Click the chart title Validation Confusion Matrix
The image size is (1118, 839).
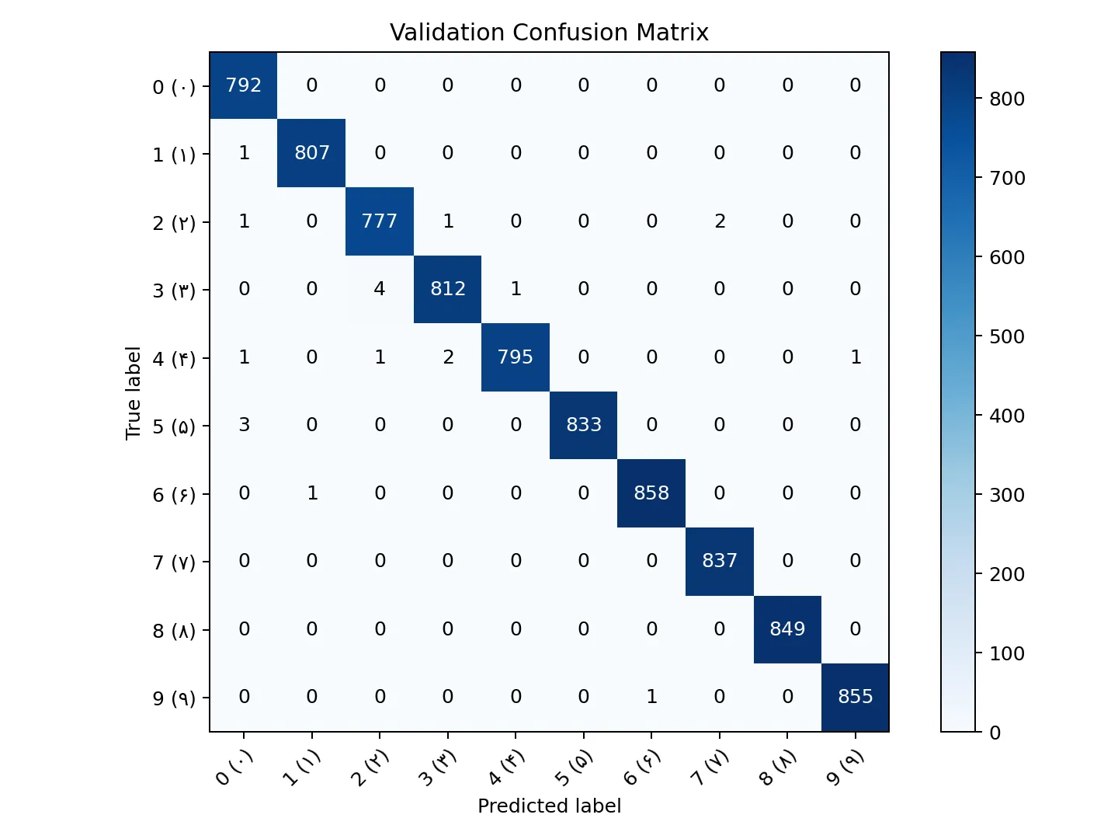point(549,33)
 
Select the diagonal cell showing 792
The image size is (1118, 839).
point(244,85)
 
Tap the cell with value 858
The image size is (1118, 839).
point(651,493)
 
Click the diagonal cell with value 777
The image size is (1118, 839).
point(380,221)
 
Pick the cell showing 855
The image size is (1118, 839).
point(855,697)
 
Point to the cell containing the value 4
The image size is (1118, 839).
point(380,289)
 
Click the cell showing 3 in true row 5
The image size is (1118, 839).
point(244,425)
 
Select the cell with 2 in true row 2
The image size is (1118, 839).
point(720,221)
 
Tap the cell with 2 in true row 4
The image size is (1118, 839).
point(448,357)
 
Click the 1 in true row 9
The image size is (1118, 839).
point(651,697)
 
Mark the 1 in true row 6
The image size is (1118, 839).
point(312,493)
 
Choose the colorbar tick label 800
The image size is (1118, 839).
point(1007,99)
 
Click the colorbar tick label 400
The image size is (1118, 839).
point(1007,416)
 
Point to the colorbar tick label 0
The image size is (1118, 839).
point(995,733)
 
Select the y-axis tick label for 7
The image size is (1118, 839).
point(174,562)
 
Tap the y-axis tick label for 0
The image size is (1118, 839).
point(174,86)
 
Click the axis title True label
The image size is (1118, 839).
point(134,392)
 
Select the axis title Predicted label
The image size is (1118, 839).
point(549,806)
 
